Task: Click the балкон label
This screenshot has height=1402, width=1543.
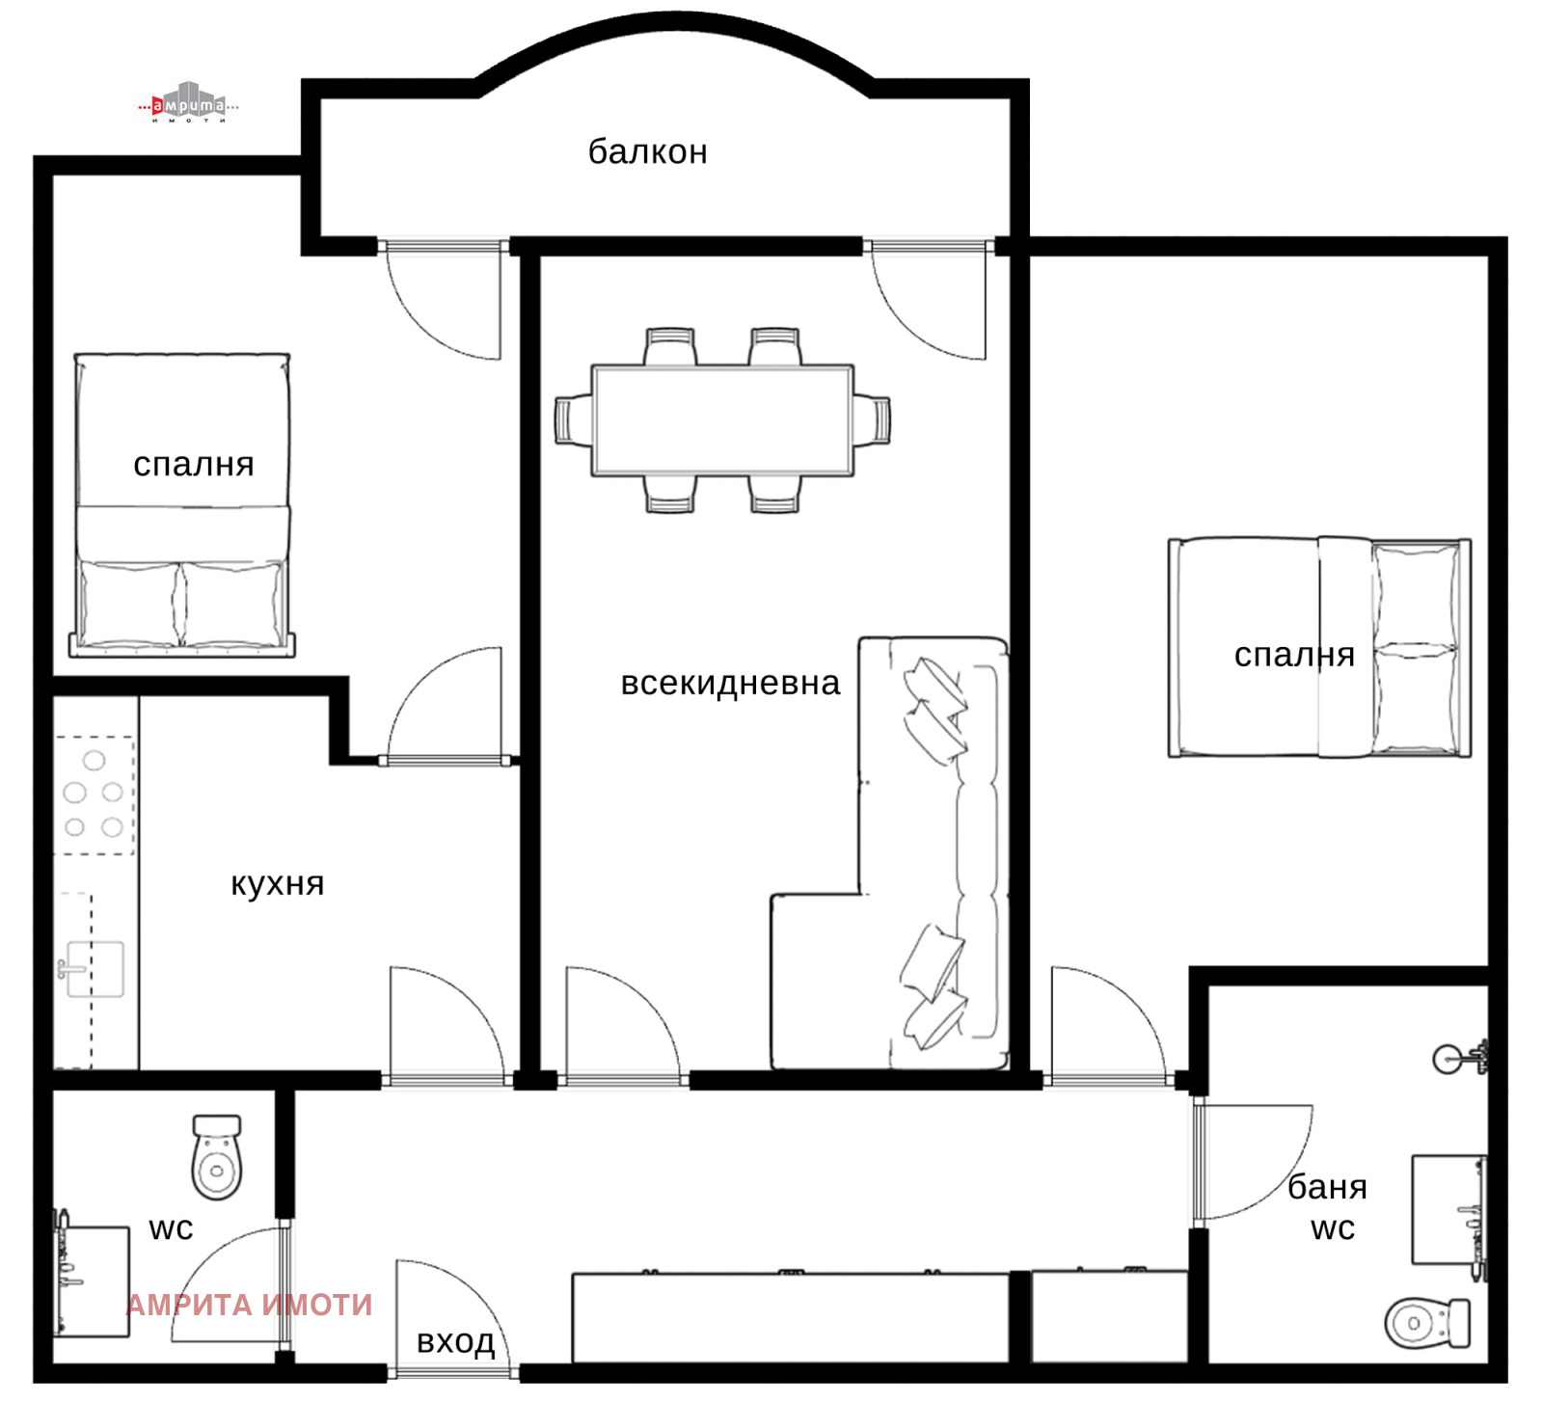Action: click(647, 152)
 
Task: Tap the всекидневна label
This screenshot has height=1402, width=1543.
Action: click(730, 683)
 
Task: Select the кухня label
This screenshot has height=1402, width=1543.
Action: click(277, 884)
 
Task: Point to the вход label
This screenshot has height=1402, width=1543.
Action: click(455, 1341)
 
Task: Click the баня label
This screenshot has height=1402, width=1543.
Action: click(1327, 1187)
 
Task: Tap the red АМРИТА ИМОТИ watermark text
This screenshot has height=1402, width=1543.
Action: click(249, 1305)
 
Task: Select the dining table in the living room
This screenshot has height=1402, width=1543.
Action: click(722, 419)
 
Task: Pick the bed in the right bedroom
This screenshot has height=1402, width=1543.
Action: click(1319, 648)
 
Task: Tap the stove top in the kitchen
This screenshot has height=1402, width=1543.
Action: click(94, 795)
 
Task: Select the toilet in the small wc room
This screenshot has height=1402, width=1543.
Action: click(217, 1157)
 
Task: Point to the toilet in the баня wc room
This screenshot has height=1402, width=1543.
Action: click(1427, 1323)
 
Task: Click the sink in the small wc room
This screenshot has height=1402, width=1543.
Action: click(91, 1281)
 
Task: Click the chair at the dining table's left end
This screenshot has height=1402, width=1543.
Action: click(573, 419)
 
